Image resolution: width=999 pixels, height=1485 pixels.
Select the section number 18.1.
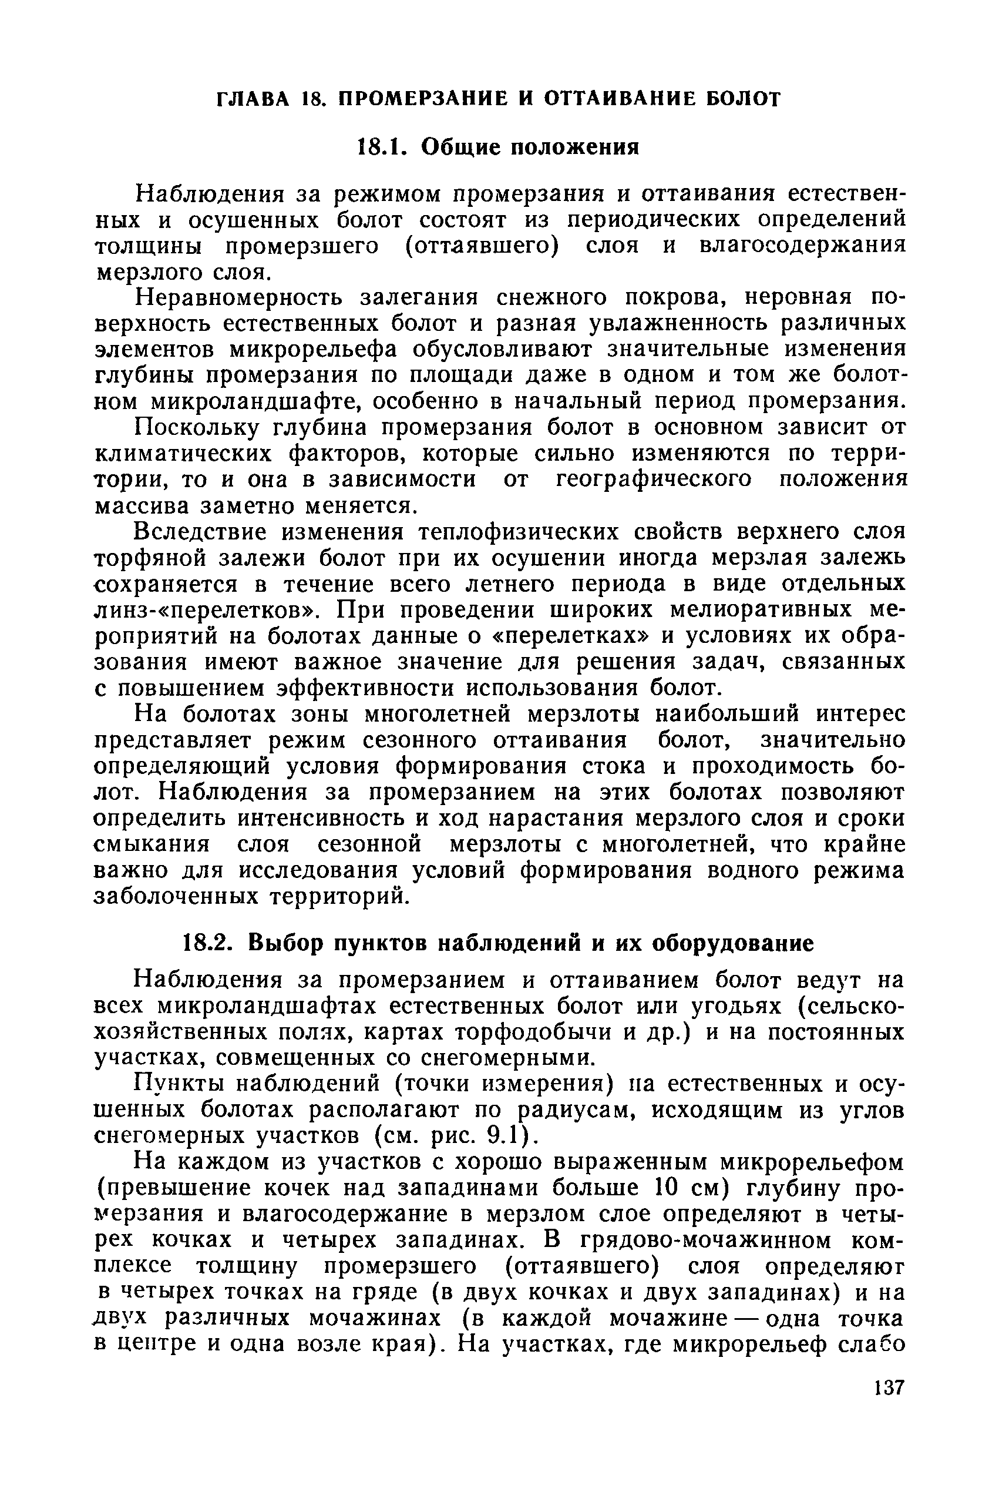pos(378,148)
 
